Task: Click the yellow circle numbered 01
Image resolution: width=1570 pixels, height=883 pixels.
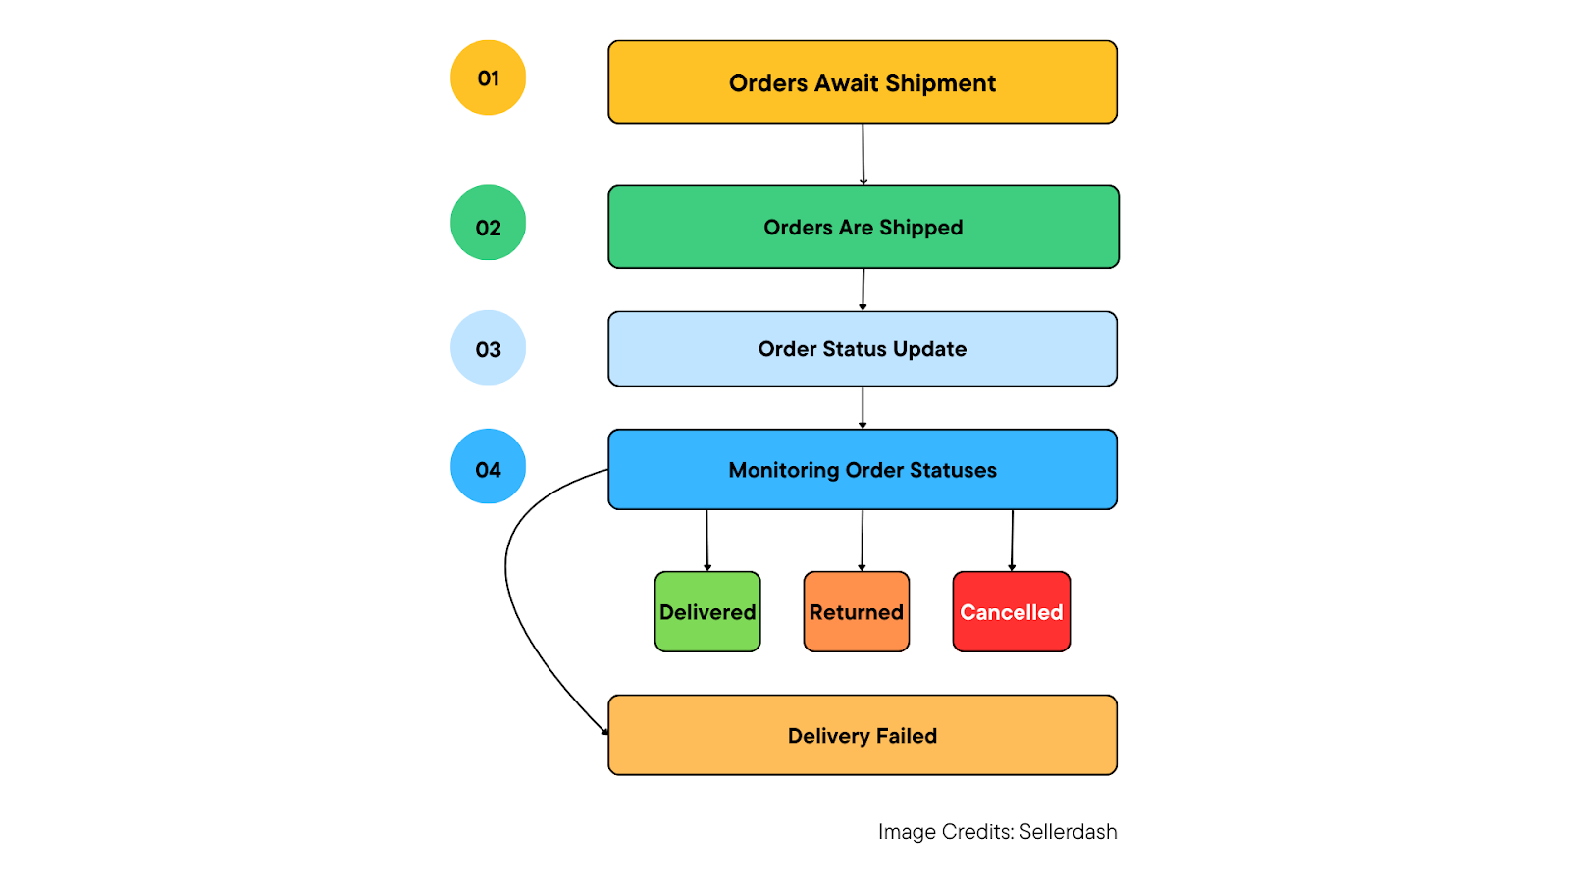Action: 488,78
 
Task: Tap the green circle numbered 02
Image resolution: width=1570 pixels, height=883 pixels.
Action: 488,223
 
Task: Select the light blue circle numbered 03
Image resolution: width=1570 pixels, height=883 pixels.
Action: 488,347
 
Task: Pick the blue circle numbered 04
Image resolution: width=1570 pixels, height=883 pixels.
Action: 488,466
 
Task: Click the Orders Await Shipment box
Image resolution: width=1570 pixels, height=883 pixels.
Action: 863,82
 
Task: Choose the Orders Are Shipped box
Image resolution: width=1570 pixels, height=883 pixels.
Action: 863,227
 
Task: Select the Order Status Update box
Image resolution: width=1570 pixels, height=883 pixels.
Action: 863,348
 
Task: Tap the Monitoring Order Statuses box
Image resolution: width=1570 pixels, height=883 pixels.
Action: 863,469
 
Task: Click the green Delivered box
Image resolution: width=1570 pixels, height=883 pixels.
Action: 707,611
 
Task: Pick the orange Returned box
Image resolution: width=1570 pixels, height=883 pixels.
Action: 856,611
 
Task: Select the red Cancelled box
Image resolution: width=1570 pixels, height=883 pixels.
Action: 1011,611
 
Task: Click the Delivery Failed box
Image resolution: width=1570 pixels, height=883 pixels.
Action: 863,735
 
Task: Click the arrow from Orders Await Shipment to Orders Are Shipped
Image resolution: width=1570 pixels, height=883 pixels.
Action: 863,154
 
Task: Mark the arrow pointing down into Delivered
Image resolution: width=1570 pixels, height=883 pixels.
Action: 707,540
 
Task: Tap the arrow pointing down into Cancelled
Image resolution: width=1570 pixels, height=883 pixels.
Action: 1012,540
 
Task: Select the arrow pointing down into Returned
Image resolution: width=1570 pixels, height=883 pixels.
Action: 863,540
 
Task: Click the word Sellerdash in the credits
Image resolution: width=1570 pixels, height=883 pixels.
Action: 1068,832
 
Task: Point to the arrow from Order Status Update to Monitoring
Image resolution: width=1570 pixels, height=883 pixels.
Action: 863,407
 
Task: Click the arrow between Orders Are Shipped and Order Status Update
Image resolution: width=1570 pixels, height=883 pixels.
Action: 863,289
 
